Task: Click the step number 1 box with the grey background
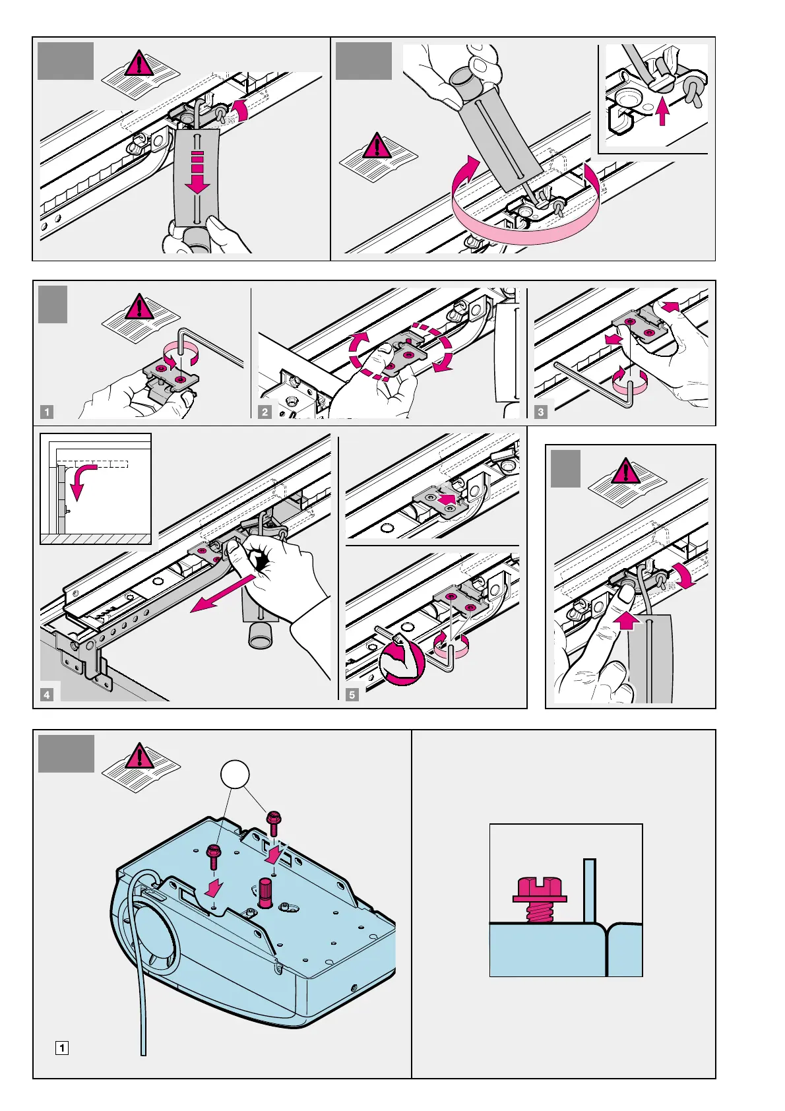click(x=47, y=412)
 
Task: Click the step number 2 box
click(x=265, y=412)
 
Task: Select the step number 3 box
click(x=541, y=412)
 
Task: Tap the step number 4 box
click(x=47, y=695)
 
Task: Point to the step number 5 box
click(x=352, y=695)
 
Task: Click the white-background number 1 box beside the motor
click(x=61, y=1048)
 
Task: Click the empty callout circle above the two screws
click(x=236, y=774)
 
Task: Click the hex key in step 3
click(x=594, y=383)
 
